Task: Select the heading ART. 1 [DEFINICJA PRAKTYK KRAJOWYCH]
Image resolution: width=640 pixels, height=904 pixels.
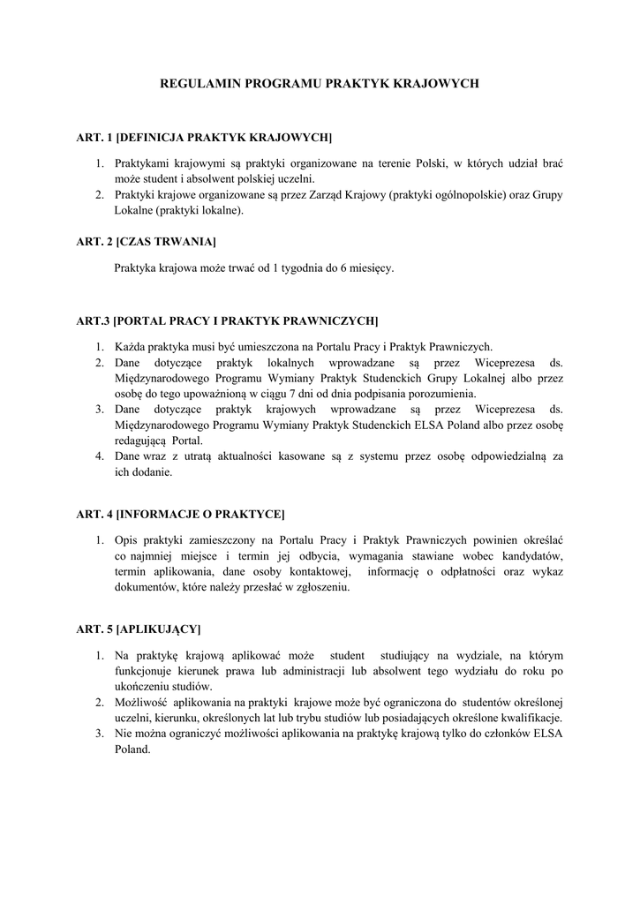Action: pos(204,139)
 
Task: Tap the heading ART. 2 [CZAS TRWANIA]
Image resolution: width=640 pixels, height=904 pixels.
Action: pos(146,241)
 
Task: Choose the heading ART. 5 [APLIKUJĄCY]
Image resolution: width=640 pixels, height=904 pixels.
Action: pos(139,629)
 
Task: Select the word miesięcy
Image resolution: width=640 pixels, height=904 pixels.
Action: pos(371,268)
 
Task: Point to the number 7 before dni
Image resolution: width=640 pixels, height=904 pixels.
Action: pos(291,394)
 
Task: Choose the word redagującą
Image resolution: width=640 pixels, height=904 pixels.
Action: pos(140,441)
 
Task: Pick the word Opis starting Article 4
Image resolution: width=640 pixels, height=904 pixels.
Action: pos(128,539)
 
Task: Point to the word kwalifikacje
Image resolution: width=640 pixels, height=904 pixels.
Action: pos(531,718)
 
